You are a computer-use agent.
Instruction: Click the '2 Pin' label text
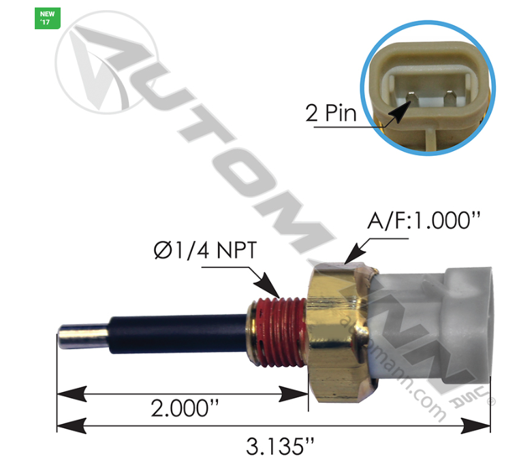pos(331,112)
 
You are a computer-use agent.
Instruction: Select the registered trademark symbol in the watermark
pos(492,402)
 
